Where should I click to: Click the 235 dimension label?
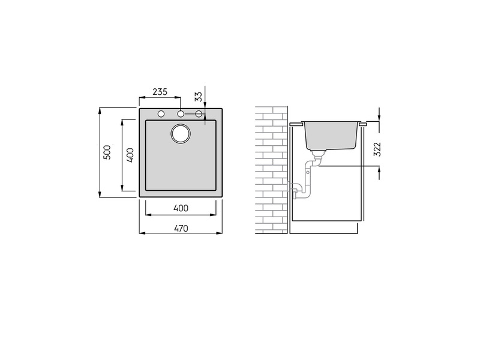[160, 92]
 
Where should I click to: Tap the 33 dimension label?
[199, 97]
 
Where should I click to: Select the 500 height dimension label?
[107, 152]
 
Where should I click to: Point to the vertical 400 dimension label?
[130, 155]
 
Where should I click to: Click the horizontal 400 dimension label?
[181, 208]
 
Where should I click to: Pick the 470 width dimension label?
[181, 229]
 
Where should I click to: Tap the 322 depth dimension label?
[377, 149]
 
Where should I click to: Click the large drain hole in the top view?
[181, 133]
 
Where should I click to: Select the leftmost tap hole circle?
[161, 114]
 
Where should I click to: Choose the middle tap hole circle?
[181, 114]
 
